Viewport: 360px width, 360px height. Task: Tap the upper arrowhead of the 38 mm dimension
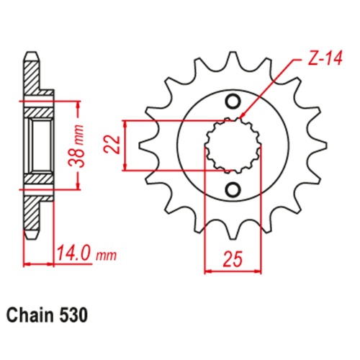(77, 104)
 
